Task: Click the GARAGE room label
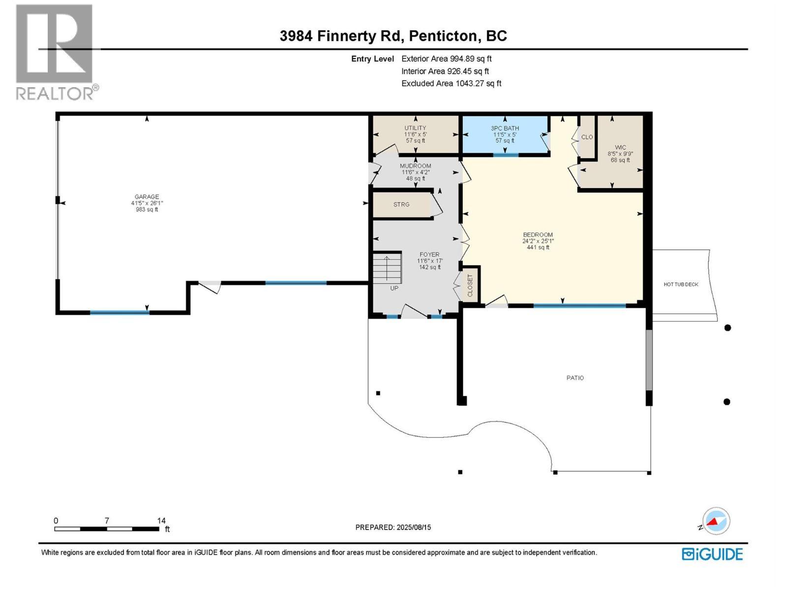pos(147,197)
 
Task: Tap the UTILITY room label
pos(415,128)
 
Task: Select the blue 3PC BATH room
pos(505,134)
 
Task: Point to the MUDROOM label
pos(416,166)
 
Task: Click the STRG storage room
pos(401,204)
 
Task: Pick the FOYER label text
pos(429,255)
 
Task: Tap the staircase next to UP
pos(387,267)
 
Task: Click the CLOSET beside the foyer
pos(470,286)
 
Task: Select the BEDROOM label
pos(538,235)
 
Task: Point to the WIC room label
pos(620,147)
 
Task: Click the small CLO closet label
pos(587,137)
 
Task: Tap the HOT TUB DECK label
pos(681,285)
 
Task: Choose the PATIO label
pos(575,378)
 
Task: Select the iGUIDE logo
pos(712,555)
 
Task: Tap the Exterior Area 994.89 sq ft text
pos(447,59)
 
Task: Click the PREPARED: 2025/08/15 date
pos(393,527)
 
